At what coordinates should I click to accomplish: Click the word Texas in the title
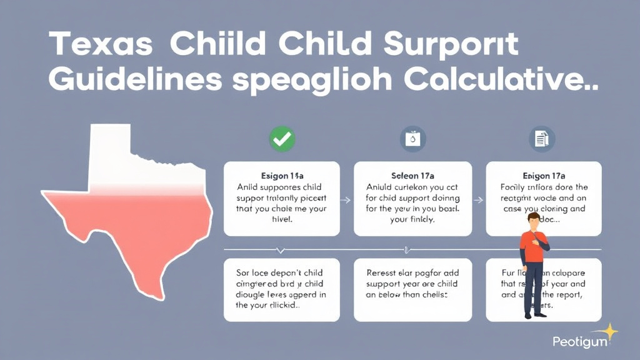(x=101, y=45)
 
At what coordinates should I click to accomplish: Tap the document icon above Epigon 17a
(x=541, y=139)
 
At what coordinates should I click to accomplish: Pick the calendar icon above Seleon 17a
(x=412, y=139)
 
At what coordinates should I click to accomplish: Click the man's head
(x=533, y=221)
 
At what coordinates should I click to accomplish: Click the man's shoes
(x=533, y=316)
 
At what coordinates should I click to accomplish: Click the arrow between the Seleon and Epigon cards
(x=479, y=200)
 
